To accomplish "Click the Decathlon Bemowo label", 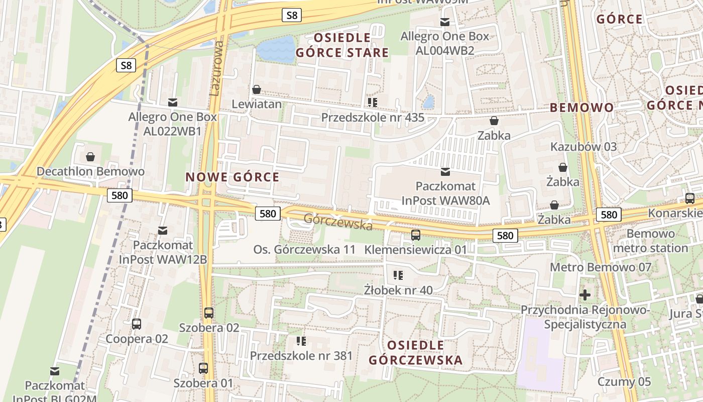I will [90, 171].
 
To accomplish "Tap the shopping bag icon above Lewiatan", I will [257, 90].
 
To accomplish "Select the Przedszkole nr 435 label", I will [373, 118].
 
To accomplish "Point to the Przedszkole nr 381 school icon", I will [301, 342].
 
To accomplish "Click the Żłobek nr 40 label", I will [398, 290].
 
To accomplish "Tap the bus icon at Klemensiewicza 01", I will [415, 235].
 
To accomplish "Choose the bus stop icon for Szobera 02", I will [209, 313].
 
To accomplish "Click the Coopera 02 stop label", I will [137, 339].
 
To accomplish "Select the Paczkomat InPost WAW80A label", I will [445, 194].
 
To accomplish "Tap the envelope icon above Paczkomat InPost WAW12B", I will [163, 231].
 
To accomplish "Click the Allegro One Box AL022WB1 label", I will [173, 124].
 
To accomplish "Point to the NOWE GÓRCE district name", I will [232, 177].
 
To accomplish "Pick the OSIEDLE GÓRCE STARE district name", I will [342, 45].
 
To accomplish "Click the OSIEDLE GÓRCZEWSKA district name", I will [415, 353].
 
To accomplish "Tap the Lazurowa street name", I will [216, 68].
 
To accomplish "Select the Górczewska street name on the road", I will [338, 222].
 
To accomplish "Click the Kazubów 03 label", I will [583, 147].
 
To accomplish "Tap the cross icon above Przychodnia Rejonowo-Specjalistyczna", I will [585, 294].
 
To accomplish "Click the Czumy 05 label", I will [624, 382].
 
